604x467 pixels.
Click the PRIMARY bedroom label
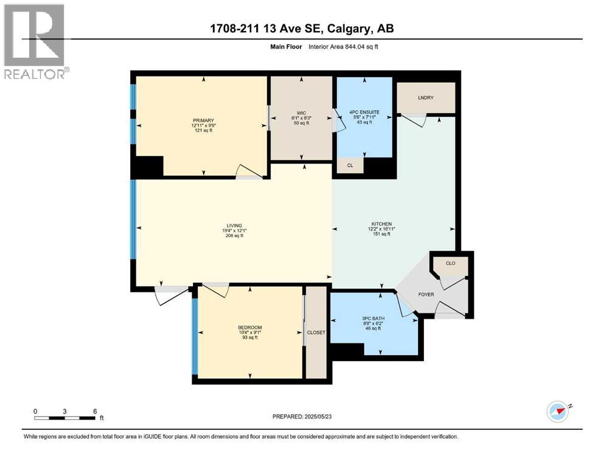click(201, 120)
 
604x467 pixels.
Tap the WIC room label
click(302, 111)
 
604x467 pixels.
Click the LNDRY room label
click(425, 97)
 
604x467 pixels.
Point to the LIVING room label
click(234, 224)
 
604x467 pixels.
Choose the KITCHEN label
click(382, 224)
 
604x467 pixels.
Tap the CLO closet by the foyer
click(450, 264)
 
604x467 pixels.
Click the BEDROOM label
click(249, 327)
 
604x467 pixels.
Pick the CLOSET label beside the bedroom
click(316, 333)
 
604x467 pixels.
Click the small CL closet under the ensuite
click(350, 164)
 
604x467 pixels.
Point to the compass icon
click(558, 411)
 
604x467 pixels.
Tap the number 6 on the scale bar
click(95, 411)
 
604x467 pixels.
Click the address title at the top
click(302, 29)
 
